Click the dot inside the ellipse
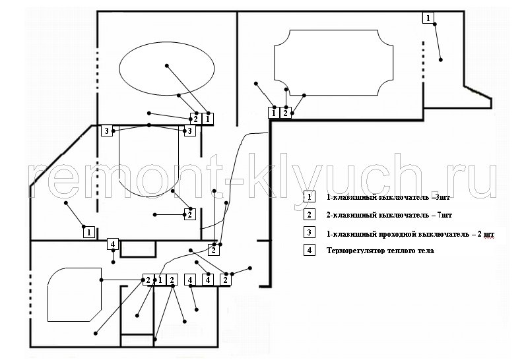[x=167, y=66]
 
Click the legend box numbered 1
[x=309, y=196]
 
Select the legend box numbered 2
[x=309, y=214]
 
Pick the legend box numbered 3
[x=309, y=232]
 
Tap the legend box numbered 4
[x=309, y=250]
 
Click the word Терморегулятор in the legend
[x=356, y=251]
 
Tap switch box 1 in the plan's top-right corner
[x=428, y=17]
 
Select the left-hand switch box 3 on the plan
[x=107, y=131]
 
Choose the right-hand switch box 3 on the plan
[x=189, y=131]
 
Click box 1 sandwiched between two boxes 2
[x=160, y=280]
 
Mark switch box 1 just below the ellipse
[x=207, y=118]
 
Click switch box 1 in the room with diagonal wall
[x=89, y=232]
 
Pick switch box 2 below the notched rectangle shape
[x=285, y=113]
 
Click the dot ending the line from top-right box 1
[x=440, y=60]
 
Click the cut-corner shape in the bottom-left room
[x=75, y=295]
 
